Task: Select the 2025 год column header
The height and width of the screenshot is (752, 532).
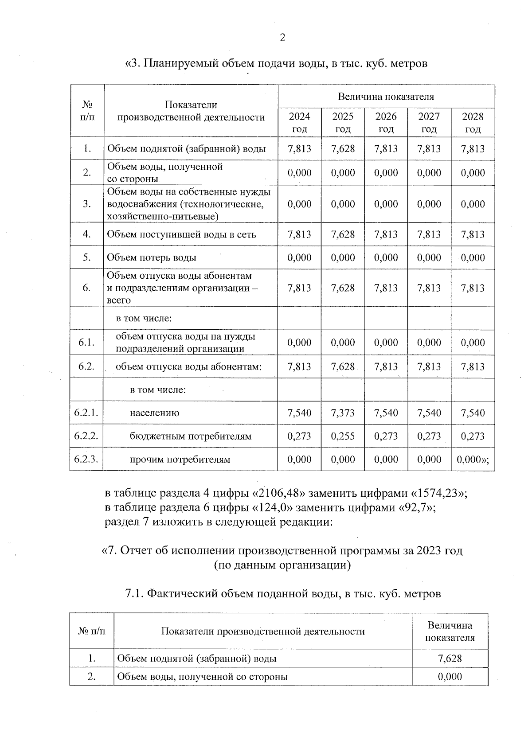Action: pos(343,122)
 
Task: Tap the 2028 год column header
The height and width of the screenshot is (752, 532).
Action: pos(473,122)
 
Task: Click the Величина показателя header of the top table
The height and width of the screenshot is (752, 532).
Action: pos(386,97)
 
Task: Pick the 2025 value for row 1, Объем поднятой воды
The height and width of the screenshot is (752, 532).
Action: pos(343,149)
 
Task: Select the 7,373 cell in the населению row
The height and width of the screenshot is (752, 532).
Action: pos(343,413)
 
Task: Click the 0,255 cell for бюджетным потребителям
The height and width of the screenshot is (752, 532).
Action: pos(343,436)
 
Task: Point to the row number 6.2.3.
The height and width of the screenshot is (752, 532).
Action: pos(86,459)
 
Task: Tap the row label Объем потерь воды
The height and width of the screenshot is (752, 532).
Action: pos(151,258)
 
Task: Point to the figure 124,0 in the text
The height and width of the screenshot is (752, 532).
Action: pos(273,507)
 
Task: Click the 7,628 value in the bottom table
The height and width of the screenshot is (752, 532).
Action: pos(450,658)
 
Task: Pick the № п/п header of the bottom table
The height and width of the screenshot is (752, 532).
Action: pos(92,631)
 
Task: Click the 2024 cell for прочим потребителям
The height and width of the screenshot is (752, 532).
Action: pos(300,460)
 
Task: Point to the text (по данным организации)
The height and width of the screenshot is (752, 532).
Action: pos(282,566)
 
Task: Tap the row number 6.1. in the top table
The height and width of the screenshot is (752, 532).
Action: pos(86,343)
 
